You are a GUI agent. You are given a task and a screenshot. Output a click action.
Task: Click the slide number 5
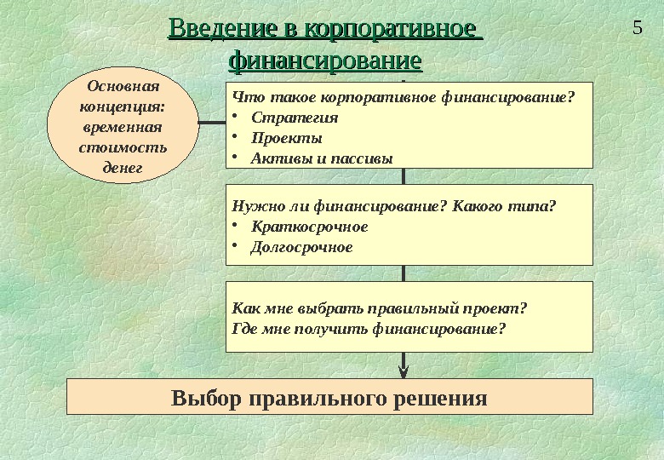point(637,26)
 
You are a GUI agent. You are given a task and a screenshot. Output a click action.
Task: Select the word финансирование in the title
point(326,61)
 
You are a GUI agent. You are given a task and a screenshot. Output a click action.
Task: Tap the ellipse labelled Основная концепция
point(123,126)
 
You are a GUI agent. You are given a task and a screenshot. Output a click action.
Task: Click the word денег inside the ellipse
point(123,167)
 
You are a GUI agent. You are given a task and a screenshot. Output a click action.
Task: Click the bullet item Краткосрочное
point(310,227)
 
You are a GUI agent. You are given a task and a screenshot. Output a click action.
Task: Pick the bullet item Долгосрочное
point(301,247)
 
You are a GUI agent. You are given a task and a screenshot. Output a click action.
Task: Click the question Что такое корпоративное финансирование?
point(404,96)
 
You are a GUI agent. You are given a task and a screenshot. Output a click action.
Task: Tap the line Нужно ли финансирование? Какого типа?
point(393,205)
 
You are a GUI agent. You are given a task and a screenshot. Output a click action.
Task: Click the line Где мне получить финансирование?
point(369,327)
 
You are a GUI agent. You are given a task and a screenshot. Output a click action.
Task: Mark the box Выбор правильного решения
point(329,397)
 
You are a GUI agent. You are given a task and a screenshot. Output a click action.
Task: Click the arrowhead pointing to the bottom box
point(404,370)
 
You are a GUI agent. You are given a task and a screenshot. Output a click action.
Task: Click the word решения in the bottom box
point(440,398)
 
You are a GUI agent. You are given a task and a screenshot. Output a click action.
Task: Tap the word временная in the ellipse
point(123,127)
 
